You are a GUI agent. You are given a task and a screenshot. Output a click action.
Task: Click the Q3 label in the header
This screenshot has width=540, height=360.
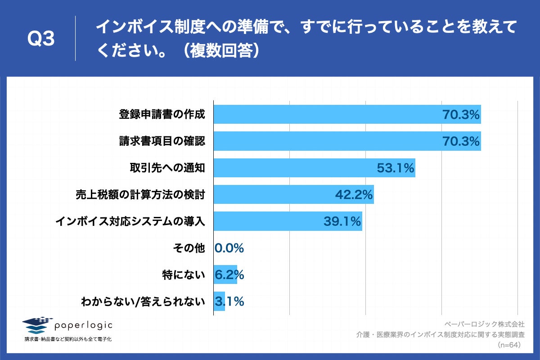pos(41,40)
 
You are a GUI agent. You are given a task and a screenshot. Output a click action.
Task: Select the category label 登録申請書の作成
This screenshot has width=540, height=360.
pos(162,115)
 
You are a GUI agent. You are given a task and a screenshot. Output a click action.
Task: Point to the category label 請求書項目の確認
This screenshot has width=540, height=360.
pos(162,141)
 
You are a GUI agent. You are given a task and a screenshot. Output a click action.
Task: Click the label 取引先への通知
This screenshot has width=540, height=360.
pos(167,168)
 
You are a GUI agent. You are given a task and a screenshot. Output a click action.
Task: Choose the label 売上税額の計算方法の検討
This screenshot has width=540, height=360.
pos(140,195)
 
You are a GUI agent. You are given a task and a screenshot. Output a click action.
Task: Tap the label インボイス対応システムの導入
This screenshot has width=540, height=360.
pos(130,221)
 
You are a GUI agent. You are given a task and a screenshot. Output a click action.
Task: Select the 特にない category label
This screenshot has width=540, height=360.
pos(184,274)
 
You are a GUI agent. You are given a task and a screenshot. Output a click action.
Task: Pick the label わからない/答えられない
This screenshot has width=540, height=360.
pos(143,301)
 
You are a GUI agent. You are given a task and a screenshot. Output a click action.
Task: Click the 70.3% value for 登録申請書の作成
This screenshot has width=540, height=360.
pos(461,115)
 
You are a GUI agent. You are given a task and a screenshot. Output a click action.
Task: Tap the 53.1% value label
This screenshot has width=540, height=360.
pos(395,168)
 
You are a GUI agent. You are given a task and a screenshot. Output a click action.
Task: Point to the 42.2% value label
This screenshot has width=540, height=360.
pos(354,195)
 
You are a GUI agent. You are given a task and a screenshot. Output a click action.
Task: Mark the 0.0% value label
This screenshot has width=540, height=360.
pos(229,248)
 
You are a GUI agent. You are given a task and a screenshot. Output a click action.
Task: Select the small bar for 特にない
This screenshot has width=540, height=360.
pos(225,274)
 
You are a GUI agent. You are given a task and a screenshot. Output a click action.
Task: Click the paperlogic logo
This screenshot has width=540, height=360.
pos(67,325)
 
